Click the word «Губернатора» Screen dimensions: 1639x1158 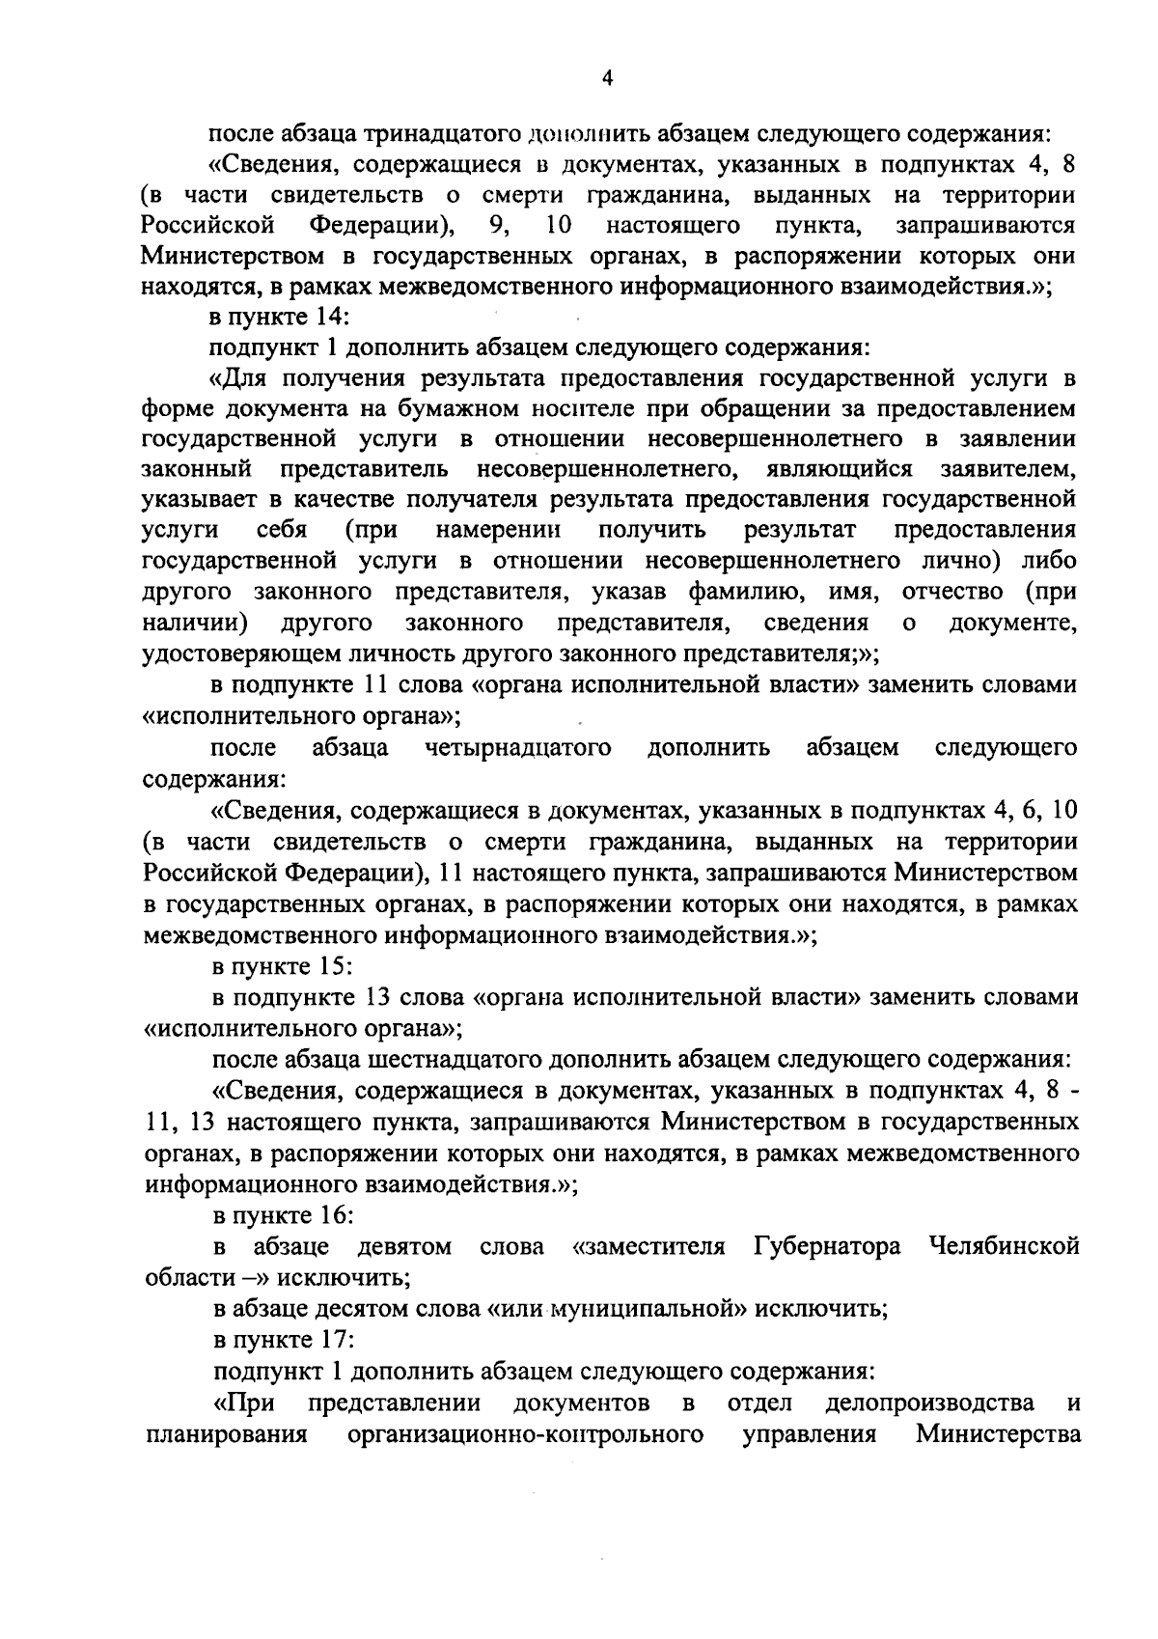[x=826, y=1246]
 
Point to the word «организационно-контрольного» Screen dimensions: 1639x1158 [x=524, y=1433]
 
